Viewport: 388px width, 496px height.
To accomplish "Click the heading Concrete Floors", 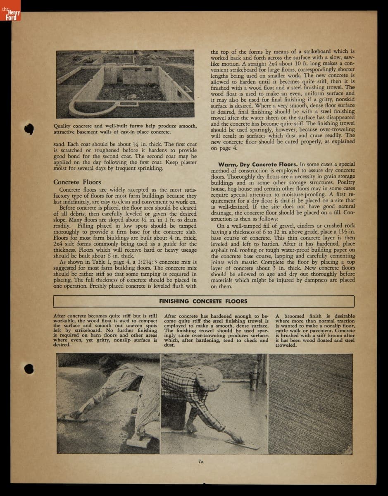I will pyautogui.click(x=77, y=182).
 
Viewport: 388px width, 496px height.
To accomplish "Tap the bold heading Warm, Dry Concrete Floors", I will pyautogui.click(x=257, y=165).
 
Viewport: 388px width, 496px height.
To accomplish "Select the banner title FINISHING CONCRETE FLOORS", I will pyautogui.click(x=203, y=301).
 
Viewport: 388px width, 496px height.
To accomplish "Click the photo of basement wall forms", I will pyautogui.click(x=125, y=84).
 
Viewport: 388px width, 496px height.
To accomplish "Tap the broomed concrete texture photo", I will pyautogui.click(x=311, y=403).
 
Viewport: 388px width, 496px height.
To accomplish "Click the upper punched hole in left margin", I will pyautogui.click(x=28, y=129).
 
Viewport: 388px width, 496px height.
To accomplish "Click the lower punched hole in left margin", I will pyautogui.click(x=28, y=368).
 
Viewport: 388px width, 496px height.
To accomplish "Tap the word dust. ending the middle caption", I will pyautogui.click(x=169, y=345).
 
